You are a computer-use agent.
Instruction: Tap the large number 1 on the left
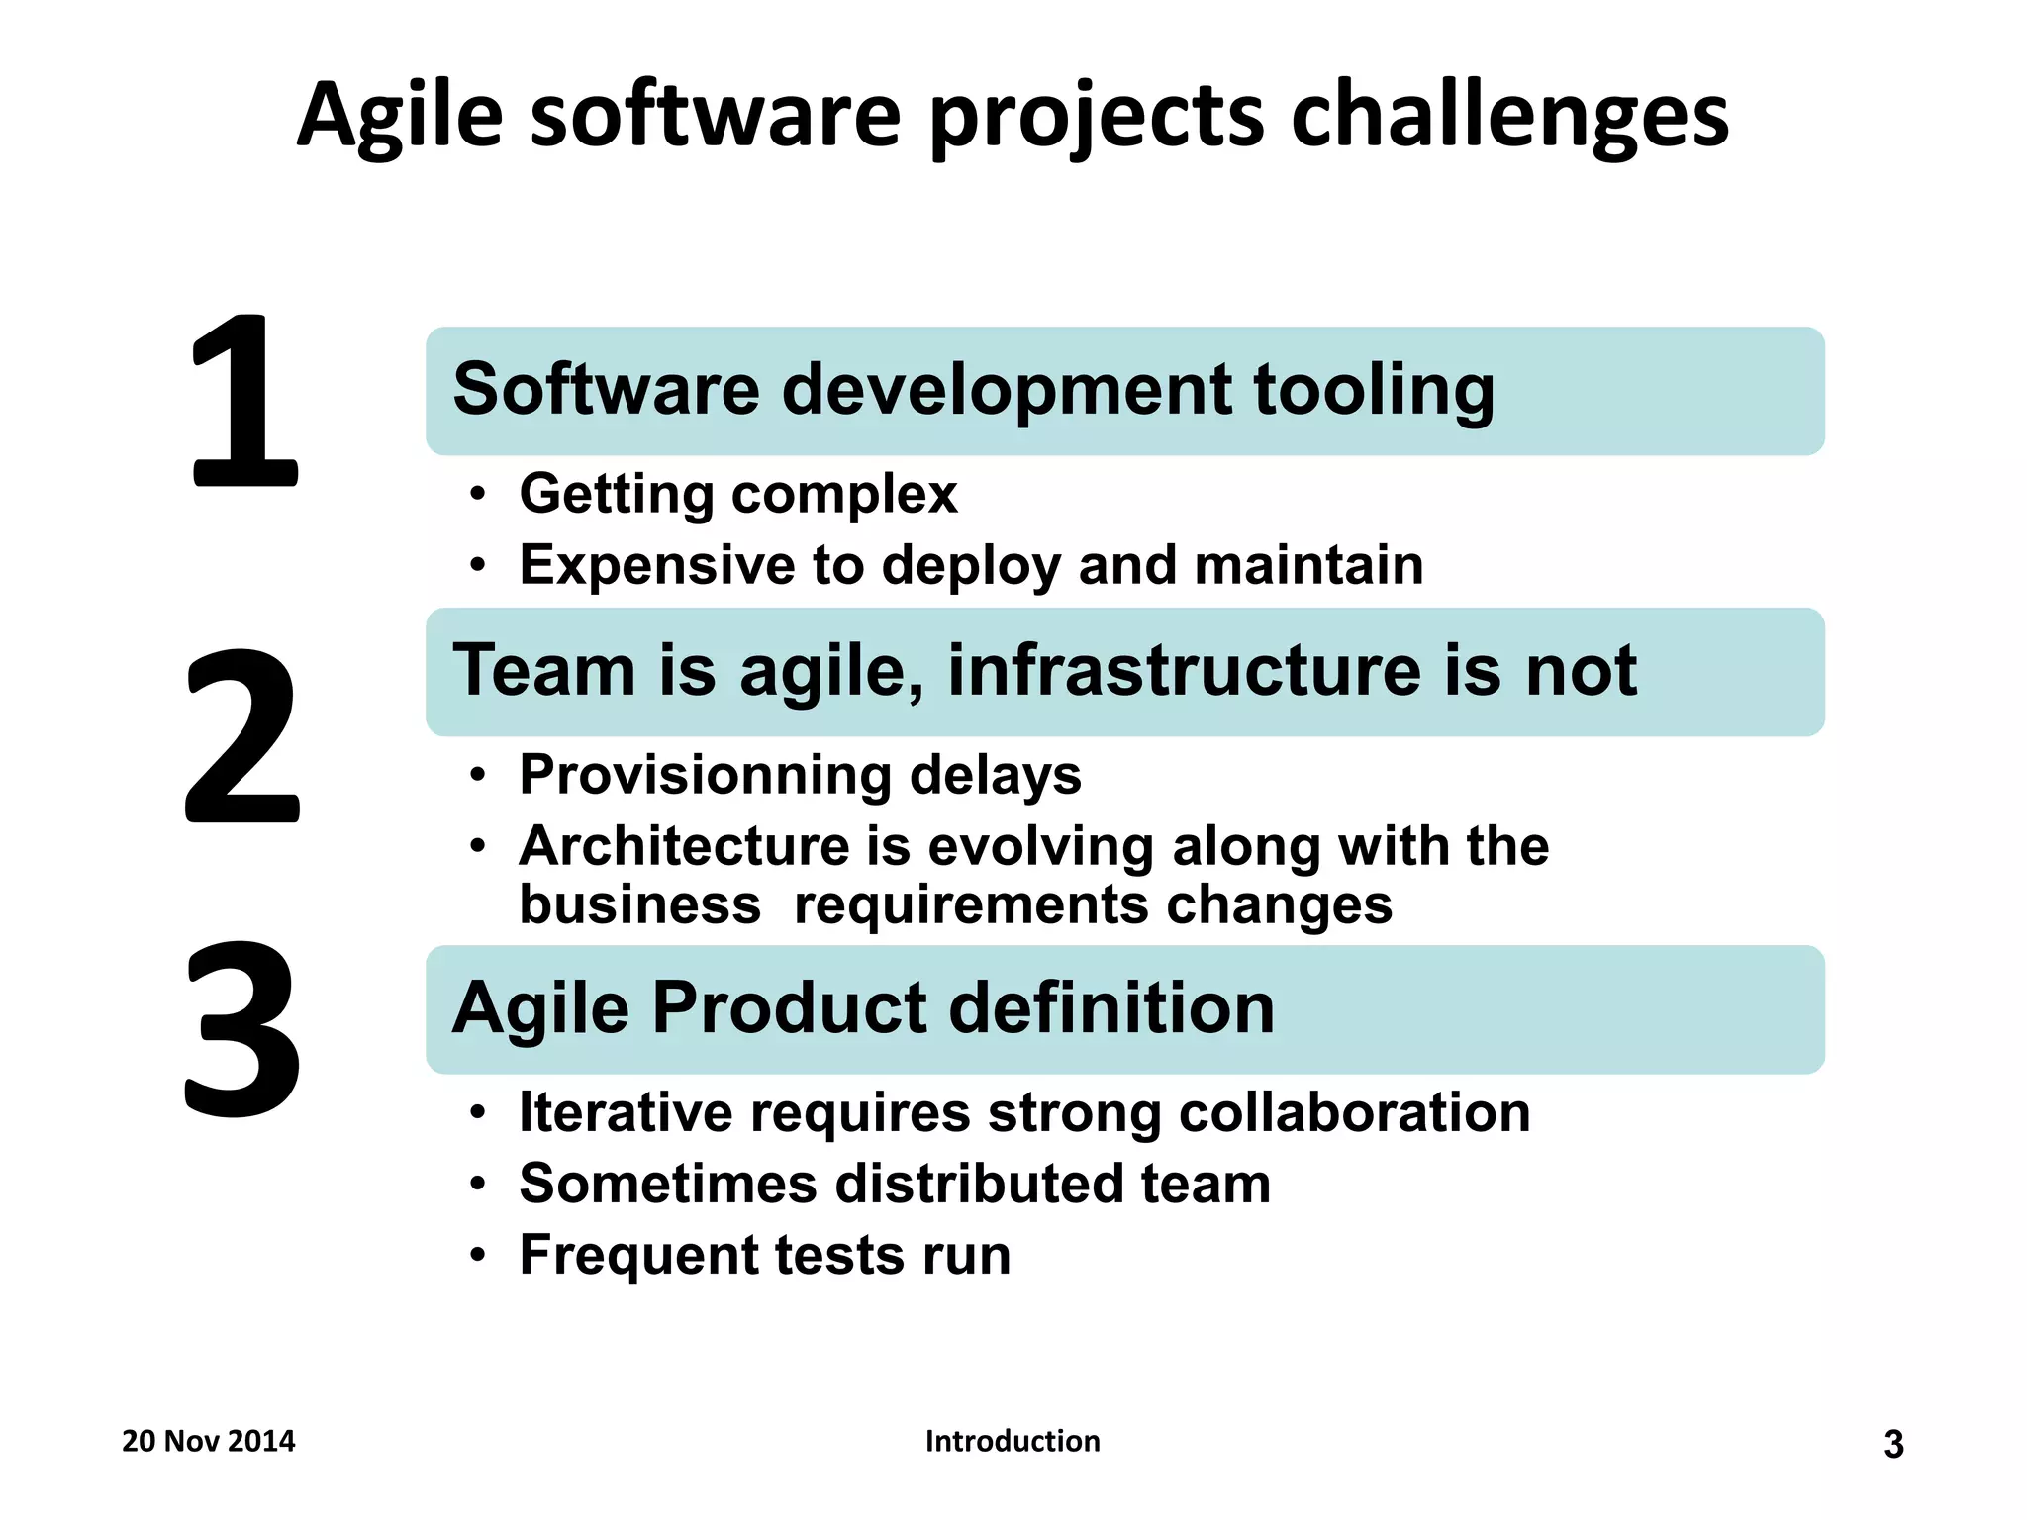pyautogui.click(x=243, y=401)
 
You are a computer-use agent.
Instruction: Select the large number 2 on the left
pyautogui.click(x=242, y=735)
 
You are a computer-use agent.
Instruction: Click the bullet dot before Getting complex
pyautogui.click(x=478, y=494)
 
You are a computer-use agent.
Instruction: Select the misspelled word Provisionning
pyautogui.click(x=705, y=775)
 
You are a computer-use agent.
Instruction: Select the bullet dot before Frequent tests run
pyautogui.click(x=478, y=1256)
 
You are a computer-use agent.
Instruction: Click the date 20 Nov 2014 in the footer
pyautogui.click(x=208, y=1441)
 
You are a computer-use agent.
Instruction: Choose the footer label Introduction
pyautogui.click(x=1013, y=1441)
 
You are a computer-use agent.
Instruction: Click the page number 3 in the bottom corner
pyautogui.click(x=1893, y=1445)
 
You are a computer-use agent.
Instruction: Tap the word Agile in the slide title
pyautogui.click(x=400, y=117)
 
